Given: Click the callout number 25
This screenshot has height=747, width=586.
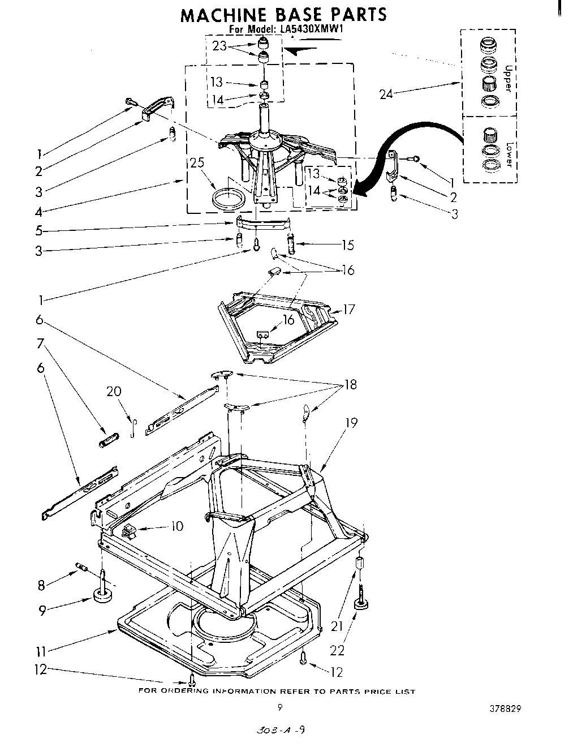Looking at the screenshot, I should (x=197, y=164).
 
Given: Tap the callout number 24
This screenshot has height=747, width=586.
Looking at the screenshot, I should (x=386, y=94).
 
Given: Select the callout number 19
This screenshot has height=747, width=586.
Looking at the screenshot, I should (x=351, y=422).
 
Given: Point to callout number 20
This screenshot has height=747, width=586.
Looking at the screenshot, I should (x=114, y=392).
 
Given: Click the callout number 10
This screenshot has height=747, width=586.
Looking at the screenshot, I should (x=176, y=526).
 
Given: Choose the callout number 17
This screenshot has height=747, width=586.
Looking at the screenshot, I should (x=349, y=309).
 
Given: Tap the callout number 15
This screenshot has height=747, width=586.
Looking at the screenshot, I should (x=347, y=244).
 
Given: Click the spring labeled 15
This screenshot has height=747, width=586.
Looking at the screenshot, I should (x=292, y=245).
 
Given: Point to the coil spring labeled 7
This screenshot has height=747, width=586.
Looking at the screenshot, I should (x=108, y=439).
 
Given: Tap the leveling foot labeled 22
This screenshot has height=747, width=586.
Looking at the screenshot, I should (x=360, y=605).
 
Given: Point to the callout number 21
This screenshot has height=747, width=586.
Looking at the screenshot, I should (x=337, y=625).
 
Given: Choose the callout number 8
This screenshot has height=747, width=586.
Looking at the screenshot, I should (x=41, y=585).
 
